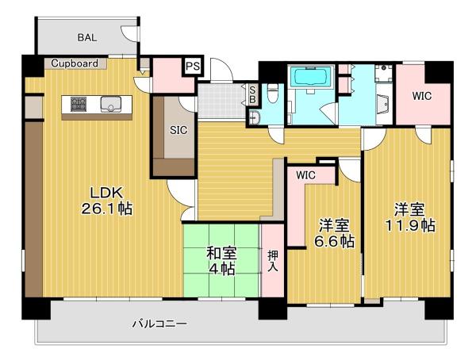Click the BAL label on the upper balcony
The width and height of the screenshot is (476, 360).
pos(87,37)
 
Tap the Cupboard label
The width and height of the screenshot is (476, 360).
pos(75,63)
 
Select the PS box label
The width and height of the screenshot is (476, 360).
pos(193,66)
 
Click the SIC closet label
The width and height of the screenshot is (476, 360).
pos(178,131)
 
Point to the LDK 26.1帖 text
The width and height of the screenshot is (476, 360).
pos(106,201)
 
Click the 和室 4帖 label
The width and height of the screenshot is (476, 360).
pos(221,261)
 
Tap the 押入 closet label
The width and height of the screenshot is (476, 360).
pos(272,261)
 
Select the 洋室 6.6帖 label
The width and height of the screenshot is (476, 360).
pos(333,233)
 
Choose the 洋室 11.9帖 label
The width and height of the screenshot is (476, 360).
pos(410,217)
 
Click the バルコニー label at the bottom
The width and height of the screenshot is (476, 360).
pos(159,324)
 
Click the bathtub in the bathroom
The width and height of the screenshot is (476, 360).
pos(310,77)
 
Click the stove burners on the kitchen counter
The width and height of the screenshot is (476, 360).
pos(79,104)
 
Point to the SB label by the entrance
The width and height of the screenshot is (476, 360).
pos(253,94)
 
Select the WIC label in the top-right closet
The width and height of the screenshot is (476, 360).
pos(422,96)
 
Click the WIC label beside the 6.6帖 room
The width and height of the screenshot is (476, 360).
pos(305,175)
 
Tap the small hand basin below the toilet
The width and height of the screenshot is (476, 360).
pos(254,117)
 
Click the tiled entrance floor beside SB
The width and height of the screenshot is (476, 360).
pos(221,101)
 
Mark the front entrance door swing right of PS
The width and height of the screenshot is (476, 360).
pos(221,69)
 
